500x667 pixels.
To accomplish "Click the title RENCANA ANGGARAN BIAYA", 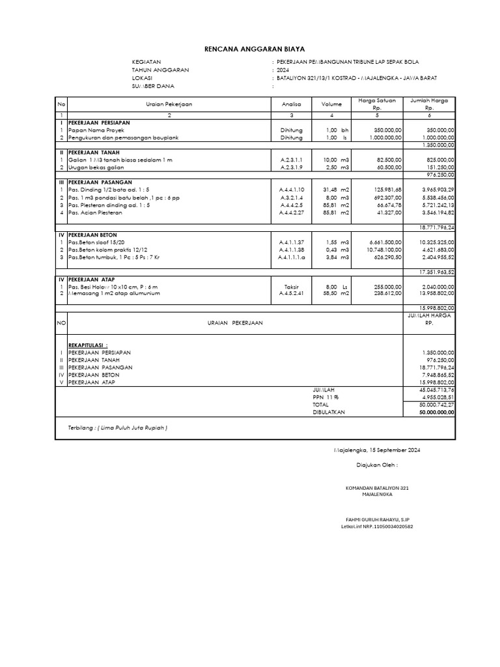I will point(250,49).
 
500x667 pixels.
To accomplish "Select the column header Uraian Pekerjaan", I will point(169,104).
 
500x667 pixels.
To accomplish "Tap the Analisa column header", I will point(292,104).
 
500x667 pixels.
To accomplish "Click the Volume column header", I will point(331,104).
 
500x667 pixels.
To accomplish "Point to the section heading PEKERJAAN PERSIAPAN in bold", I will point(99,122).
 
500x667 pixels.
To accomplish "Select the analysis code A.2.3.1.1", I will point(292,160).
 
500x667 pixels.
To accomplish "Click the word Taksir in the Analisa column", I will point(292,287).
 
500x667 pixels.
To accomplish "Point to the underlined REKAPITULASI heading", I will point(88,345).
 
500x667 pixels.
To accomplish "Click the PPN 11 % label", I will point(326,397).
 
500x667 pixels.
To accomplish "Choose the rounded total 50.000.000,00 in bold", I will point(436,412).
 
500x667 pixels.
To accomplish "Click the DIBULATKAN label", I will point(329,412).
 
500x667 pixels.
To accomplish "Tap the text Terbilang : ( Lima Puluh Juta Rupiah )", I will point(118,428).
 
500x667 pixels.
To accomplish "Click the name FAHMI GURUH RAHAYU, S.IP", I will point(377,518).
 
